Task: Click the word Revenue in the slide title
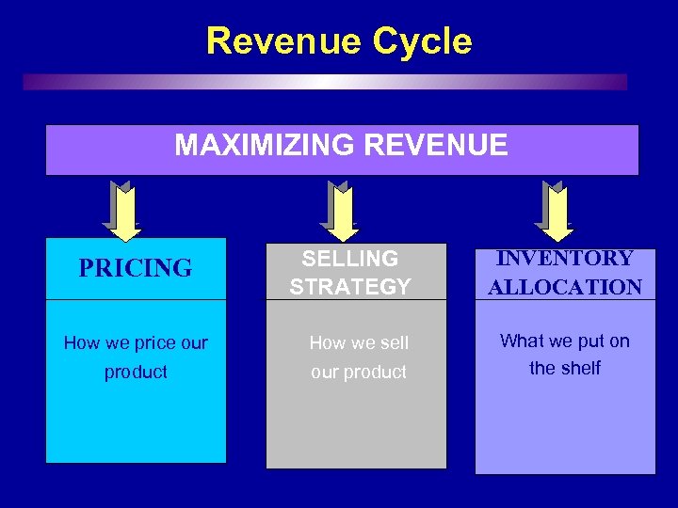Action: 283,41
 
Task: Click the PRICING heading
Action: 136,269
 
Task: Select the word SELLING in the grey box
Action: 350,258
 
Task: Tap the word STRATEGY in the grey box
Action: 350,287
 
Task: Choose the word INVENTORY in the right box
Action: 565,258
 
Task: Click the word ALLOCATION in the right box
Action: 565,287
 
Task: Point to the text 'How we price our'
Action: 136,343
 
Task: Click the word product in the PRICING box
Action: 136,372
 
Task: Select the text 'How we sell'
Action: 359,343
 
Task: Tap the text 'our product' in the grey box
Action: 359,372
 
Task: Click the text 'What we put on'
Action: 565,341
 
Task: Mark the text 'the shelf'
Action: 565,368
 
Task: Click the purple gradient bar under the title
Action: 325,82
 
